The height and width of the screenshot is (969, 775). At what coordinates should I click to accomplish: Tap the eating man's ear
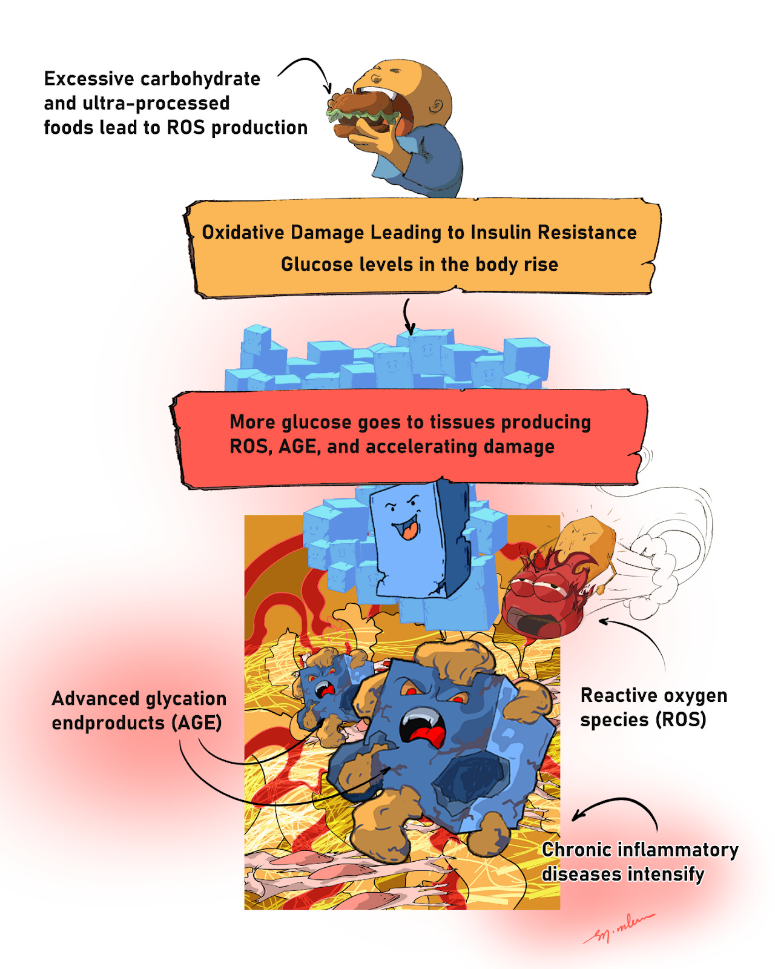pos(437,107)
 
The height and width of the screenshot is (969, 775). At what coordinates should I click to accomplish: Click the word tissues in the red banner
pos(463,422)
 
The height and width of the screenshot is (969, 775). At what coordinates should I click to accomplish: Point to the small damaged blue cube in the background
pos(324,684)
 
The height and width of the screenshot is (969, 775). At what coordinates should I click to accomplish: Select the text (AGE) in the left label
pos(196,723)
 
